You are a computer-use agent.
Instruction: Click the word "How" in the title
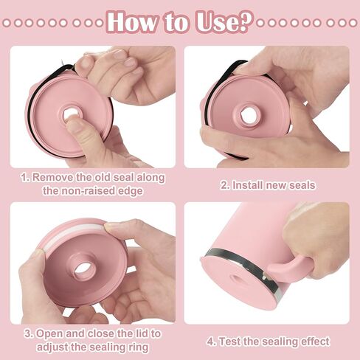[x=133, y=22]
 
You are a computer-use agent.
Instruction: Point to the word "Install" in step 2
[x=248, y=185]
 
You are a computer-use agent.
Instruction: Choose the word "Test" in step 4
[x=229, y=342]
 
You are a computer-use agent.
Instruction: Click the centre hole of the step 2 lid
[x=249, y=115]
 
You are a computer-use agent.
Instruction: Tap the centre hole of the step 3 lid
[x=83, y=268]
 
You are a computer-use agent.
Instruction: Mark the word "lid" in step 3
[x=142, y=334]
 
